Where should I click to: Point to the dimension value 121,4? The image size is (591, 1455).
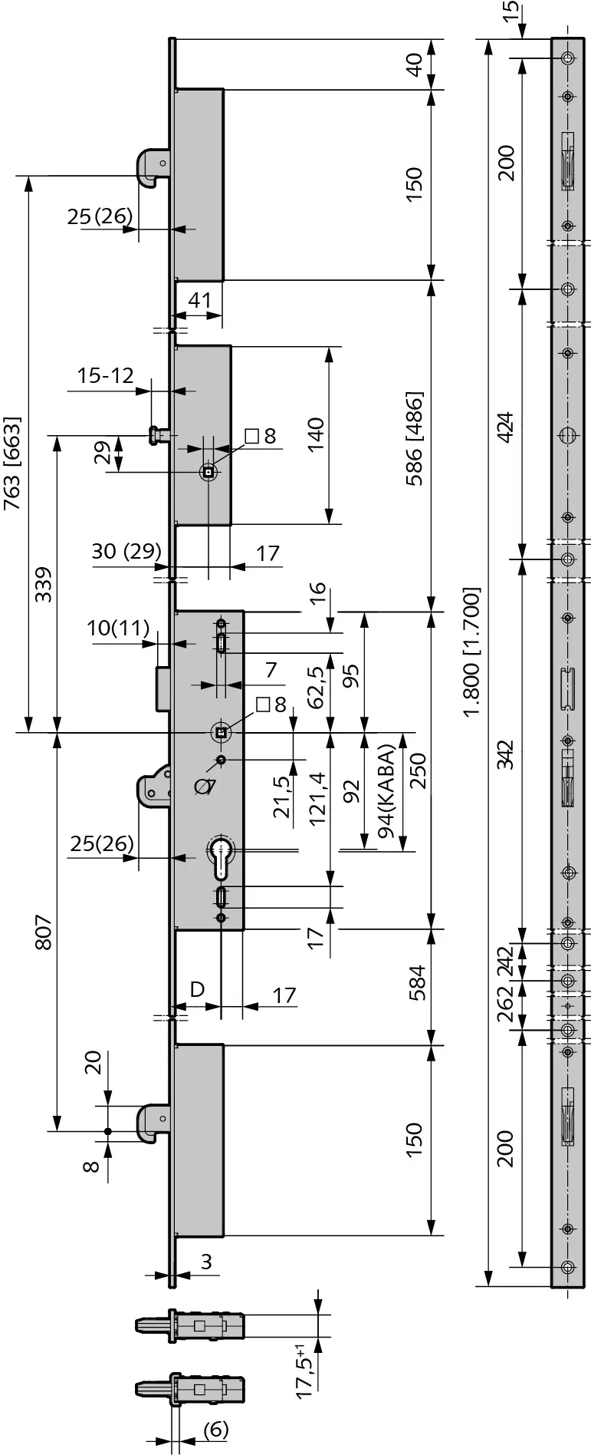click(x=317, y=798)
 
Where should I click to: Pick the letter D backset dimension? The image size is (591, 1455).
click(x=197, y=988)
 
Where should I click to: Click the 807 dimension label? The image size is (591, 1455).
click(x=44, y=932)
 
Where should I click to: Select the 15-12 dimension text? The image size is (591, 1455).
click(x=105, y=375)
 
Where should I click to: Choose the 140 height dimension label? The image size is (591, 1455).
click(x=314, y=434)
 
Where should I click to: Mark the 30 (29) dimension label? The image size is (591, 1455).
click(x=126, y=550)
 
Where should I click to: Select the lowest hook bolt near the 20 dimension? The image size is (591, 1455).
click(x=153, y=1122)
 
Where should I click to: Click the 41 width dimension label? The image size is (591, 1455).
click(x=199, y=299)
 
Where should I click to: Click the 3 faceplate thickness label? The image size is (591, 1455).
click(x=206, y=1262)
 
